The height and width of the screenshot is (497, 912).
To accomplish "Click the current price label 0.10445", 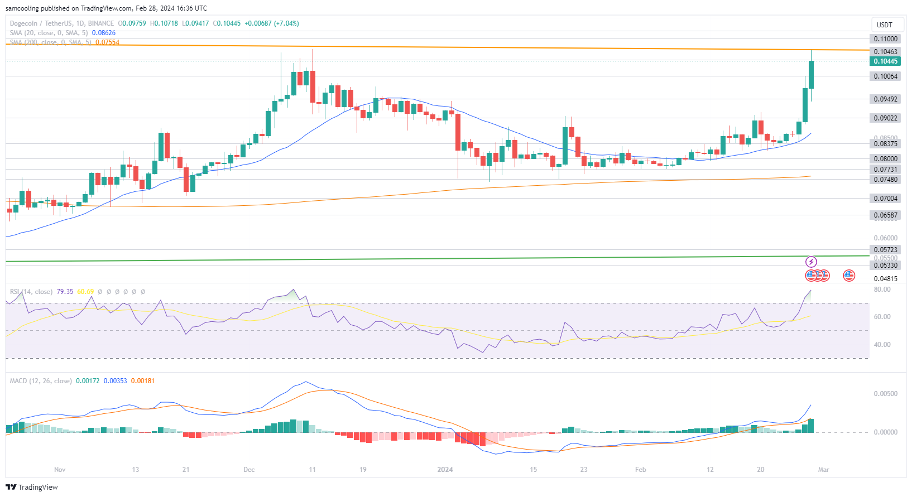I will pos(885,61).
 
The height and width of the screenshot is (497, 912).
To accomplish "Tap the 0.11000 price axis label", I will pos(885,39).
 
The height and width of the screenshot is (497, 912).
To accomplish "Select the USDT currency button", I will pos(884,25).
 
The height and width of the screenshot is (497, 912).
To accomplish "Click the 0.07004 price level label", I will pos(885,199).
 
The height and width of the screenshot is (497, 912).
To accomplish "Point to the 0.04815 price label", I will pos(885,279).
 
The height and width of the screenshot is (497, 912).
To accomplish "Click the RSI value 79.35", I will pos(65,292).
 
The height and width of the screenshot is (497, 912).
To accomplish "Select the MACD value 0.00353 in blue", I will pos(115,381).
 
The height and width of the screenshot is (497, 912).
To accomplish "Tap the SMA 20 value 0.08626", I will pos(103,33).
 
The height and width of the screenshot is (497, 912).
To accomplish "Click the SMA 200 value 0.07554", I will pos(107,42).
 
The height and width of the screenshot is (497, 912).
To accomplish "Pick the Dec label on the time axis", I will pos(249,470).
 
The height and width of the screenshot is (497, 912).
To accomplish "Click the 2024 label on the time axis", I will pos(445,470).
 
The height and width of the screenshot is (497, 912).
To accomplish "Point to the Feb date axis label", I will pos(640,470).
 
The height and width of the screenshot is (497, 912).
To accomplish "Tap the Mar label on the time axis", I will pos(823,470).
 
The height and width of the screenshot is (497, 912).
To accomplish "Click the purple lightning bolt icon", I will pos(811,262).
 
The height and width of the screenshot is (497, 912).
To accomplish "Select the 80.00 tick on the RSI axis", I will pos(882,289).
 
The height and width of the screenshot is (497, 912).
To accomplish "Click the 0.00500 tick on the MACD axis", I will pos(885,394).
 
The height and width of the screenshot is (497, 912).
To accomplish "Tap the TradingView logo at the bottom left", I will pos(32,487).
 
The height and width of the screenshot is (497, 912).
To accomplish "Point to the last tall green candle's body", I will pos(811,75).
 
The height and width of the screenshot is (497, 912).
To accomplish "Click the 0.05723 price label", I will pos(885,250).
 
